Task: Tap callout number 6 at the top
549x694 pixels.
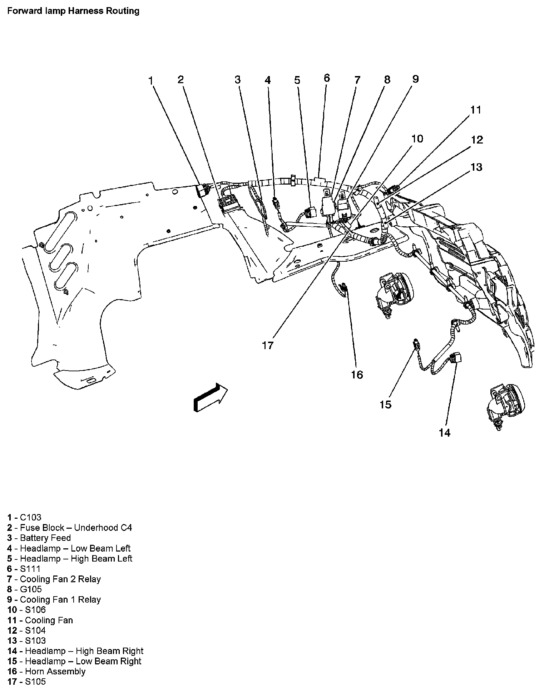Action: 326,78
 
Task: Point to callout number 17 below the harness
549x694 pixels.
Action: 268,345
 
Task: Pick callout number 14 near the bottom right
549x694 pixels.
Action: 445,433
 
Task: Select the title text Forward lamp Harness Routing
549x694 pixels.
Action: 73,11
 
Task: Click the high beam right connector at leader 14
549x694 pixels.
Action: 456,357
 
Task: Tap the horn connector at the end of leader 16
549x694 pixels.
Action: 344,288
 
